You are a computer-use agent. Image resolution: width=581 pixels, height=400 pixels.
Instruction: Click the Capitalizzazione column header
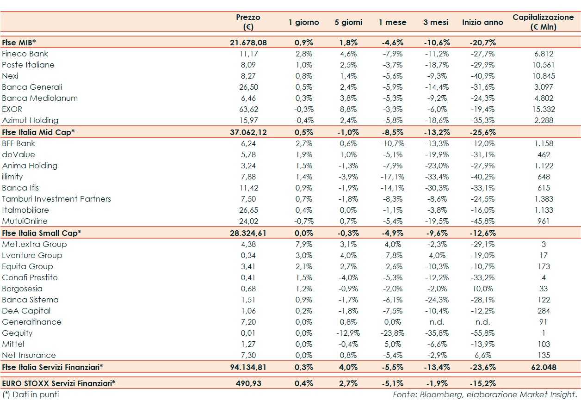[x=543, y=22]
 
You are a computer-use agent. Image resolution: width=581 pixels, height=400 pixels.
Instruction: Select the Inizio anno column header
[x=482, y=22]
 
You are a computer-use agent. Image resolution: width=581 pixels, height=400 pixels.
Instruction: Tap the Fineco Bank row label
[x=25, y=54]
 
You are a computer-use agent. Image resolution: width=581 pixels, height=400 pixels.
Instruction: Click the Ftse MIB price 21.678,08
[x=248, y=43]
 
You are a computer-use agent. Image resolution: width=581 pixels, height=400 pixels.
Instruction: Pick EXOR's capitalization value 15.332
[x=544, y=109]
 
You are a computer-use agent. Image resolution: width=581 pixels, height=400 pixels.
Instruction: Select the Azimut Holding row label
[x=30, y=120]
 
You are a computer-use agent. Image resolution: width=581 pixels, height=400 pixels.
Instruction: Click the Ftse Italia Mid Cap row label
[x=38, y=132]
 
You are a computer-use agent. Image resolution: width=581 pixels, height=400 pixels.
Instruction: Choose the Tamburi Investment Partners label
[x=56, y=199]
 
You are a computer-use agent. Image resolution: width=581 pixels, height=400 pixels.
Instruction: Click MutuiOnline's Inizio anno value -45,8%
[x=482, y=221]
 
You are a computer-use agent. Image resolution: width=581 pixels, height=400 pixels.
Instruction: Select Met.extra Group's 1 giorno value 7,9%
[x=303, y=244]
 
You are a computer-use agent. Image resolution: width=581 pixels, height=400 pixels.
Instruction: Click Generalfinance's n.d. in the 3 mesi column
[x=435, y=322]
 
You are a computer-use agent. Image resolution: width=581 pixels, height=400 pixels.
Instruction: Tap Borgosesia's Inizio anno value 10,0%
[x=482, y=289]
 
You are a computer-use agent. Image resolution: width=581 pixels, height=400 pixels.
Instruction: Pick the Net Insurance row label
[x=29, y=355]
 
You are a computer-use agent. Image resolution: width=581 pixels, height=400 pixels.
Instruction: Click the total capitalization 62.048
[x=544, y=367]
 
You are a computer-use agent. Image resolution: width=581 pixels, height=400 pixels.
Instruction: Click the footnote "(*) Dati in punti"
[x=31, y=394]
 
